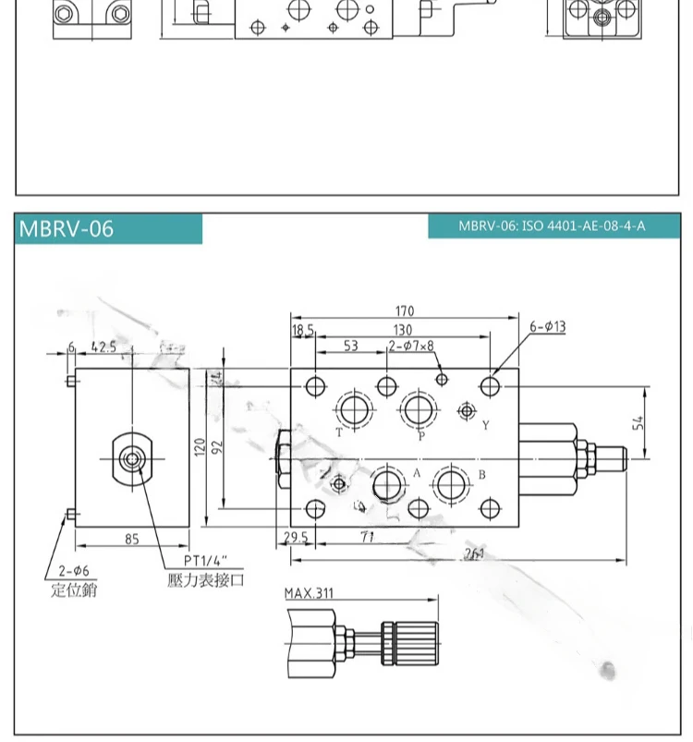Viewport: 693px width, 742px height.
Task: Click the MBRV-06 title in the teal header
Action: coord(66,229)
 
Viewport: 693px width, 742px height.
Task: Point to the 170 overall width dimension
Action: coord(404,311)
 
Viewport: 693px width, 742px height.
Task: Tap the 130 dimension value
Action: coord(403,330)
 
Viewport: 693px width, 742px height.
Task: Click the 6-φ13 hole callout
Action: coord(547,326)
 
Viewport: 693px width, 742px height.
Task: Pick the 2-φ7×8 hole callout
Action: coord(410,347)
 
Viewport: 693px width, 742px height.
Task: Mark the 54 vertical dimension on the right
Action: coord(638,422)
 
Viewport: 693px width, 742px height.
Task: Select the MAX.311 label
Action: coord(309,593)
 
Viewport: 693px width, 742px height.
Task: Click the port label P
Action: coord(421,436)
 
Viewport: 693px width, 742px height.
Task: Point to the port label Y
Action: coord(485,425)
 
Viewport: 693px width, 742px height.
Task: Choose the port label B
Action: coord(481,476)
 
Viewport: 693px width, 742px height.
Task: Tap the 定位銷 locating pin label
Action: coord(73,589)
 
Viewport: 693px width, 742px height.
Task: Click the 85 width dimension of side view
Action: coord(131,539)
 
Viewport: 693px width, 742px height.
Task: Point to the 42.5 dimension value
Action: coord(103,347)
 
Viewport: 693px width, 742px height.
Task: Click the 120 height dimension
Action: coord(198,448)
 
